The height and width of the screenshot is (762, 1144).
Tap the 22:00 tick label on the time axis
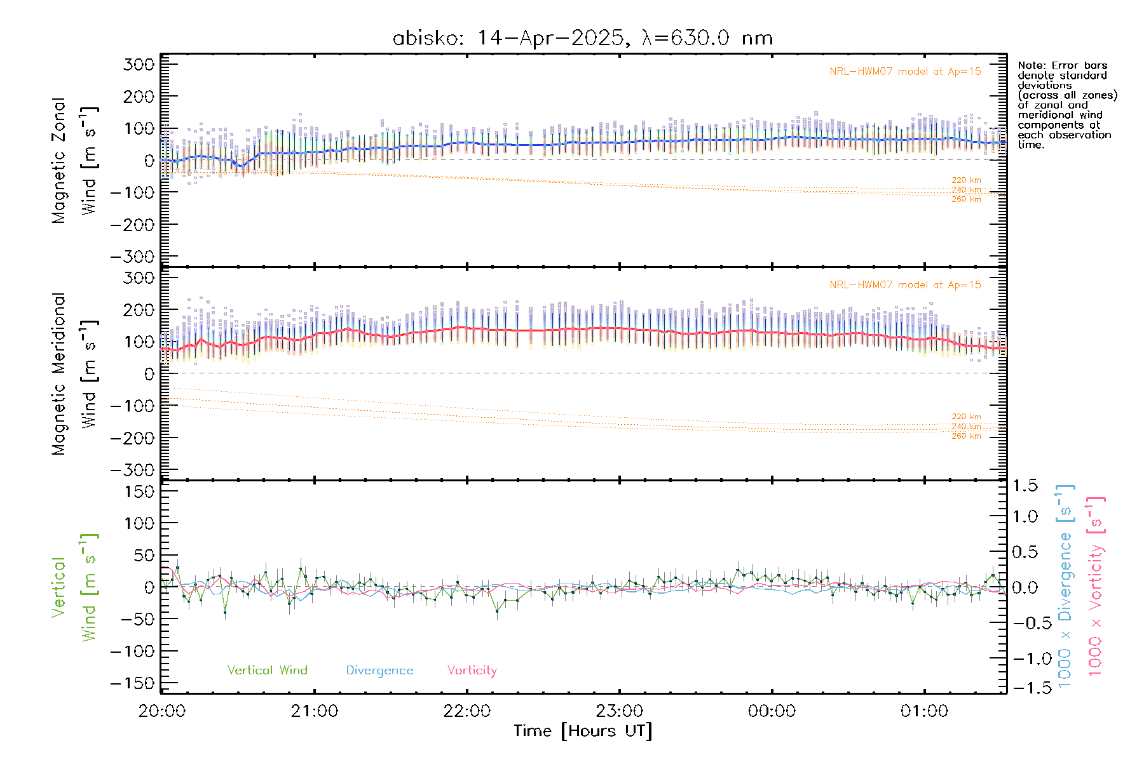point(467,711)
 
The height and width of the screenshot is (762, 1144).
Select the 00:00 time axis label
point(772,711)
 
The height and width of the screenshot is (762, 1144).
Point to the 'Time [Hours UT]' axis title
point(583,731)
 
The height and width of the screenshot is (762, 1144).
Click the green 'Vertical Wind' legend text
point(267,670)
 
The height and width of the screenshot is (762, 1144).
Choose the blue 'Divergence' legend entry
point(379,671)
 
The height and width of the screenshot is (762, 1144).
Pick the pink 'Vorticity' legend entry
point(472,670)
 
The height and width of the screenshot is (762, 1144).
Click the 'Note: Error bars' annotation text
point(1062,65)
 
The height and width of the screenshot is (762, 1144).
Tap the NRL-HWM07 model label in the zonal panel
point(905,71)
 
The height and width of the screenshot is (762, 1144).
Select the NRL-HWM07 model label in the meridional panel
point(905,284)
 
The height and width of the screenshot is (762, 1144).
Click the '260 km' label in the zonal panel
point(966,199)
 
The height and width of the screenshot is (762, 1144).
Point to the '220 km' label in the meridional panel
point(966,417)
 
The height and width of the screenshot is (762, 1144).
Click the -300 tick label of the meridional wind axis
point(133,470)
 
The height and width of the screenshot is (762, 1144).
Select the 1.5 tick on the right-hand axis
point(1025,486)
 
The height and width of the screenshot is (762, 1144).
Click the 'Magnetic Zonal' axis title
point(59,161)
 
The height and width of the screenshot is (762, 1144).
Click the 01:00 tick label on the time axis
point(924,711)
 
